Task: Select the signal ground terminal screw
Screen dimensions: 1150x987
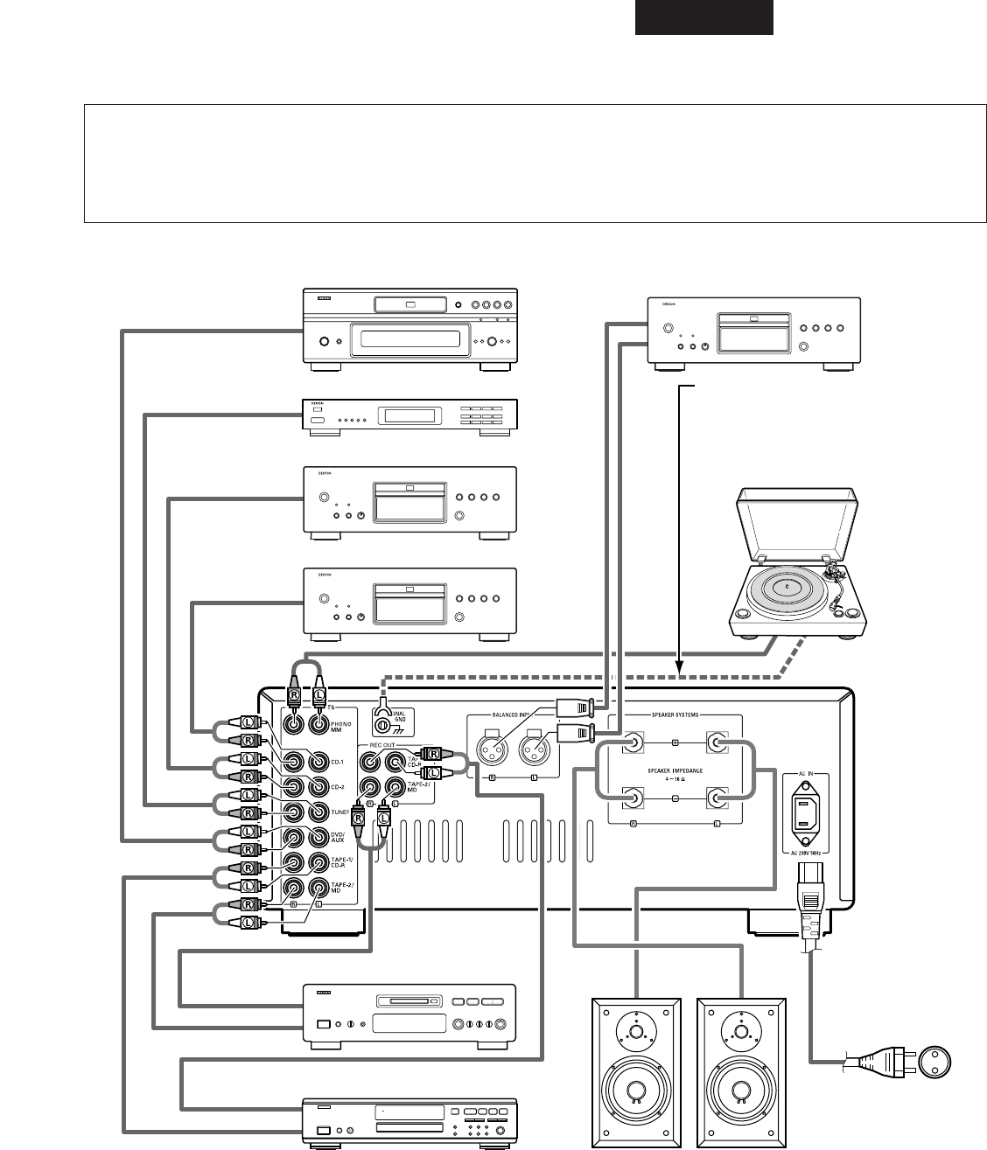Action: click(x=382, y=724)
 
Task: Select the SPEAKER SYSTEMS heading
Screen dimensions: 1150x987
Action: click(x=675, y=714)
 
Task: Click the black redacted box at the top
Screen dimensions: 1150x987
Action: click(x=704, y=17)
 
